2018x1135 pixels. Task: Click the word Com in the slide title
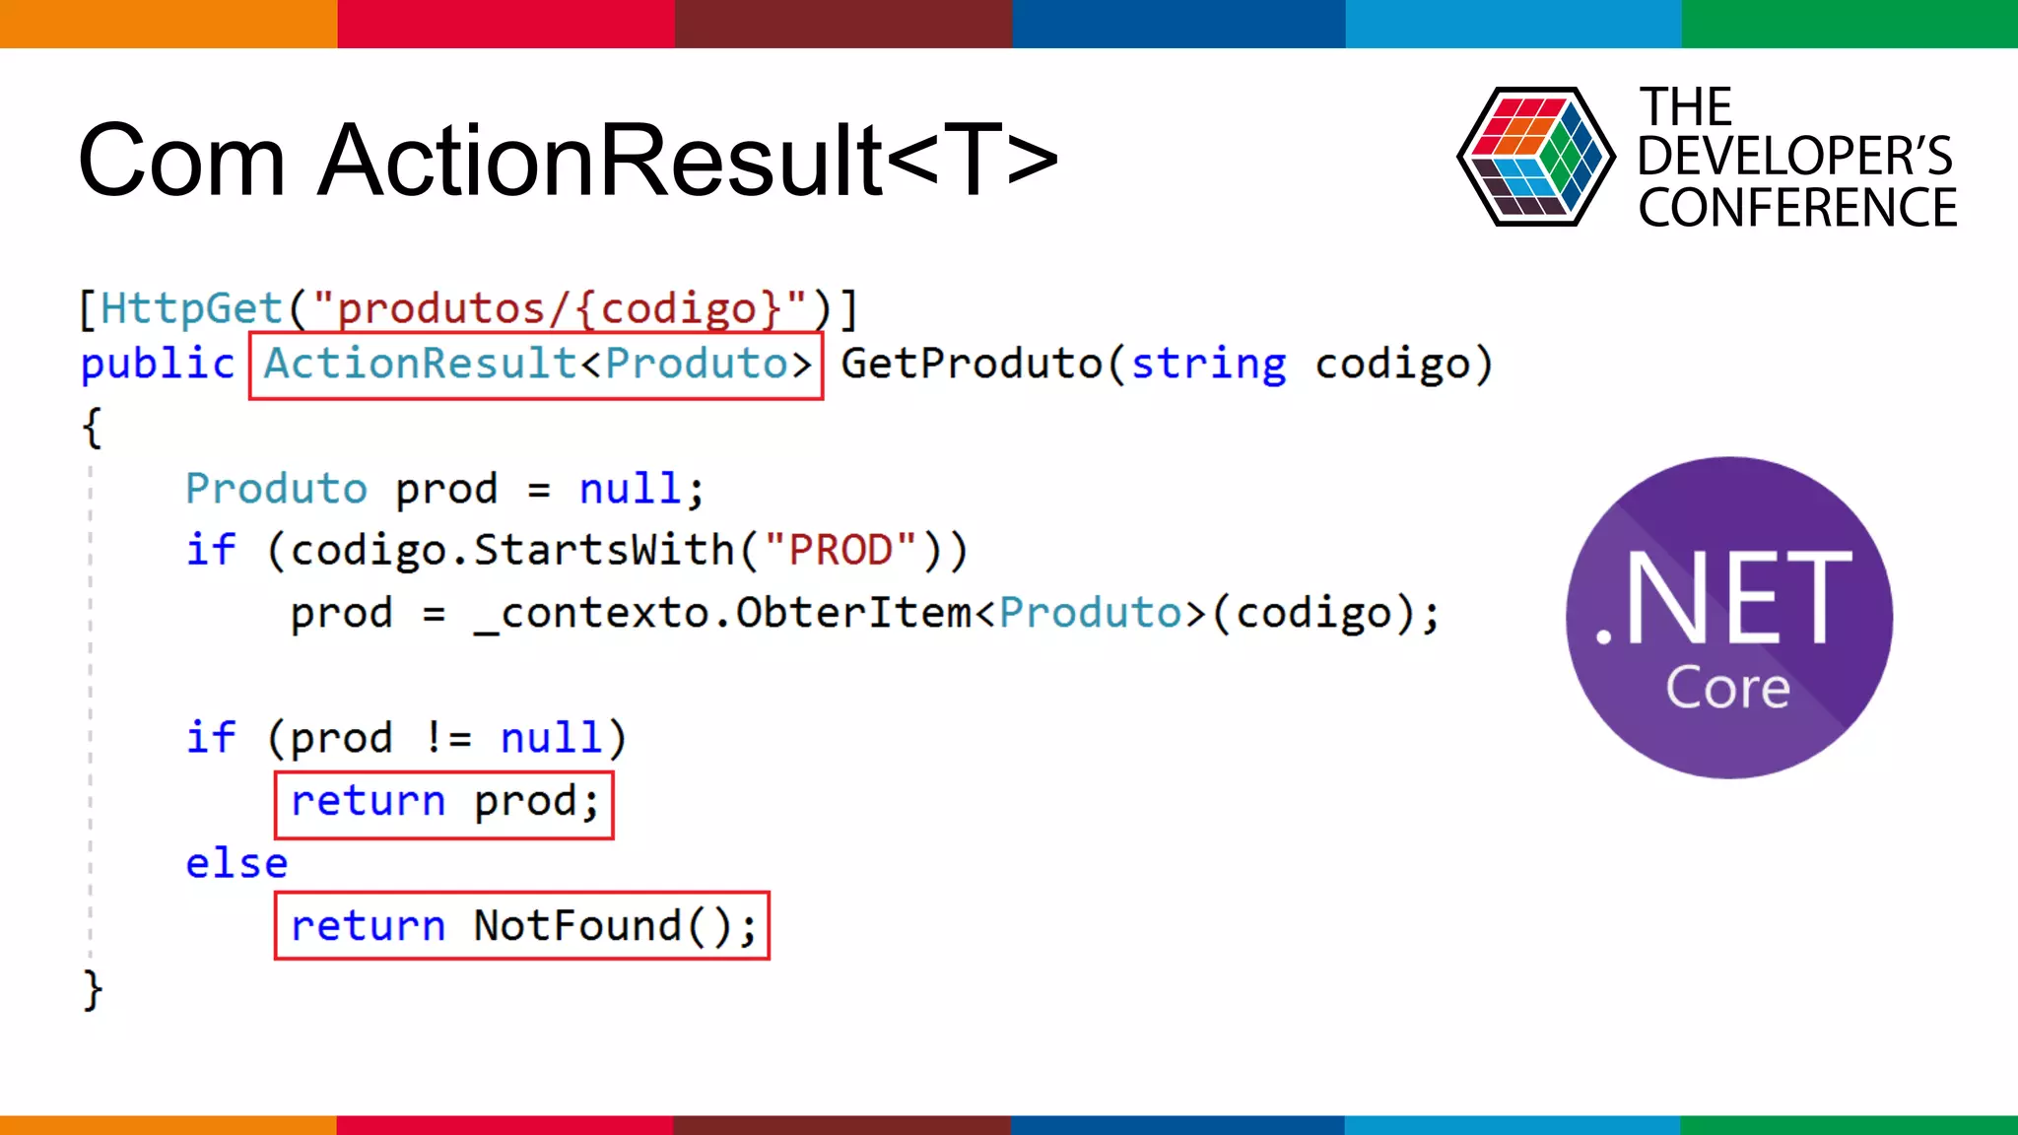click(x=181, y=161)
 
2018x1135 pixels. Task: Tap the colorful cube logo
click(x=1535, y=157)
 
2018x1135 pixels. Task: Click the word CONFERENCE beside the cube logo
click(x=1797, y=208)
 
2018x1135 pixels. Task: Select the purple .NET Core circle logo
click(x=1729, y=618)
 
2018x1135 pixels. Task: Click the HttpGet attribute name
click(x=191, y=308)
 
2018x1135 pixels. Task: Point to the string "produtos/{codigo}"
click(x=560, y=308)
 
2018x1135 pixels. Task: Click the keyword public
click(x=158, y=365)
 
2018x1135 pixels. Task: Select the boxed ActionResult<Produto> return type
click(x=536, y=365)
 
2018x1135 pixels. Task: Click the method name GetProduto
click(x=972, y=365)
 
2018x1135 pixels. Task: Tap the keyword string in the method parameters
click(x=1208, y=365)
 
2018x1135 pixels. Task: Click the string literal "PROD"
click(x=841, y=550)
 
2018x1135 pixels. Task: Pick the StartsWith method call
click(x=604, y=550)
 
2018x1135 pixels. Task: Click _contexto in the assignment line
click(x=590, y=614)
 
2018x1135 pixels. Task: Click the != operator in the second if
click(x=449, y=738)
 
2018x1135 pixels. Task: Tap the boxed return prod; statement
click(x=444, y=802)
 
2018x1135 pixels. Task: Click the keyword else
click(x=236, y=864)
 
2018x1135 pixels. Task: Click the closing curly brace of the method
click(x=93, y=990)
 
